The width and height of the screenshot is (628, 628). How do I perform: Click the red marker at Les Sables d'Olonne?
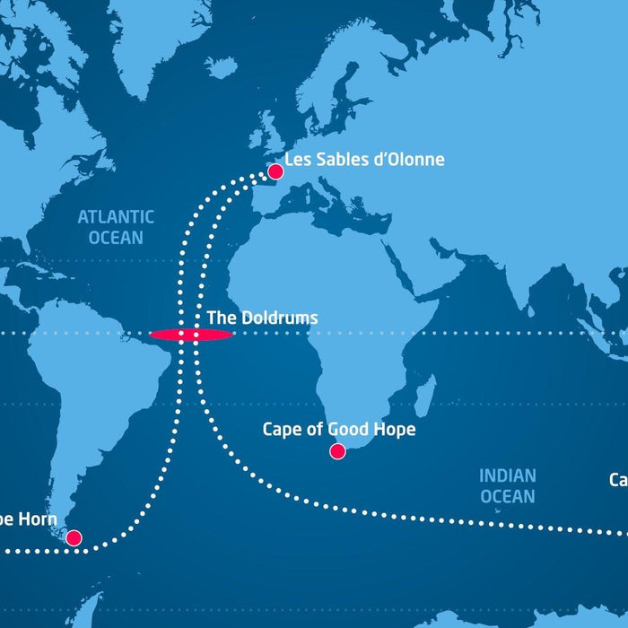[276, 171]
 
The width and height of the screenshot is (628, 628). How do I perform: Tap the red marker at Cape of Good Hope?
[337, 451]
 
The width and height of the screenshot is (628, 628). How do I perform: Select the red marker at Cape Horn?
[74, 538]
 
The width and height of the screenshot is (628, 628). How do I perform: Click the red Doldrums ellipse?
[191, 335]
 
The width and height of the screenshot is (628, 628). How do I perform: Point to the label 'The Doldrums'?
[262, 318]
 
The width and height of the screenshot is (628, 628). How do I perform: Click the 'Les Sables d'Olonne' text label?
[364, 161]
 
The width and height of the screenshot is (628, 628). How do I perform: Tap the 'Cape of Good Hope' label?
[339, 430]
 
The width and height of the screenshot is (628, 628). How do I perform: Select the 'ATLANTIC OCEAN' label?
[116, 227]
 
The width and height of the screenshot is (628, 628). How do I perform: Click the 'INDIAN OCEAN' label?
[507, 485]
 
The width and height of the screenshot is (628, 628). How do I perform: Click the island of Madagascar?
[425, 395]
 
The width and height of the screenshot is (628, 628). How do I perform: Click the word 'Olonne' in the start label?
[414, 161]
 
